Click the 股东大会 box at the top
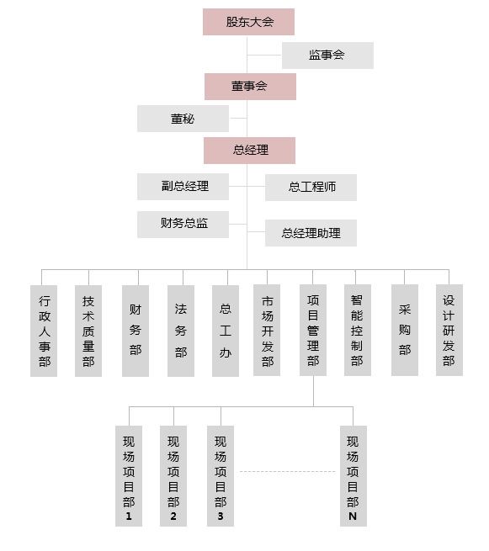click(x=248, y=22)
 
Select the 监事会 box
click(x=327, y=56)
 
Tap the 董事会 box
click(x=250, y=87)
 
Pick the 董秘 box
click(x=183, y=119)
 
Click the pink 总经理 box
click(x=249, y=151)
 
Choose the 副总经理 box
click(x=183, y=187)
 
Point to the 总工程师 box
click(x=311, y=188)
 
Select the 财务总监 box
click(x=183, y=225)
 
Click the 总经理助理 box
click(x=311, y=233)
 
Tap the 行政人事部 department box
click(x=44, y=331)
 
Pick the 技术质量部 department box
click(x=88, y=331)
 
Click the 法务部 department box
click(x=181, y=331)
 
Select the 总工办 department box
click(x=226, y=331)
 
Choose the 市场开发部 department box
click(x=267, y=331)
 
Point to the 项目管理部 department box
click(x=313, y=331)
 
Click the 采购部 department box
click(x=405, y=331)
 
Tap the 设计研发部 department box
click(x=449, y=331)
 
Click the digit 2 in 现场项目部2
click(x=173, y=517)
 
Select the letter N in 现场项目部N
click(x=353, y=517)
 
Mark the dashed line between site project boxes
click(x=287, y=472)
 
